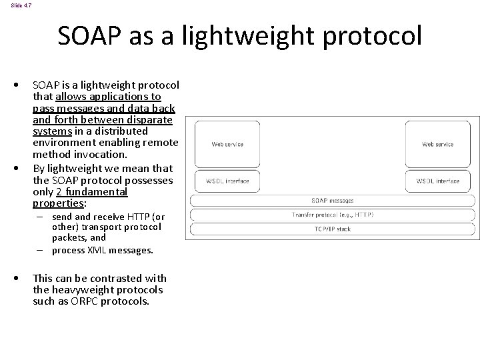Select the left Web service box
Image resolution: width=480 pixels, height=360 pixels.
point(227,144)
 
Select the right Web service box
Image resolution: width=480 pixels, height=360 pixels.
point(437,144)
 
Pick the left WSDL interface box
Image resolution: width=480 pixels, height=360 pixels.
point(227,181)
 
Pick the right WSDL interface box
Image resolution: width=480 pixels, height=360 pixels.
point(437,181)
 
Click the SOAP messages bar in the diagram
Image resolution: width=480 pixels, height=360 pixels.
point(333,200)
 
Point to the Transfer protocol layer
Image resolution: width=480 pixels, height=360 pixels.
point(333,215)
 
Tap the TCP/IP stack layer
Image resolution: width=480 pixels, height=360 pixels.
point(333,229)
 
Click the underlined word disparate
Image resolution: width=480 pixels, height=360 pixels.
point(150,120)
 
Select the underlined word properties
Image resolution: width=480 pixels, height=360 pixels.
point(59,203)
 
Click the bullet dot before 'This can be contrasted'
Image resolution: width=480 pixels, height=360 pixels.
point(23,278)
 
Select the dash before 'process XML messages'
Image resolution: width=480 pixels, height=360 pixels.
point(41,251)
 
